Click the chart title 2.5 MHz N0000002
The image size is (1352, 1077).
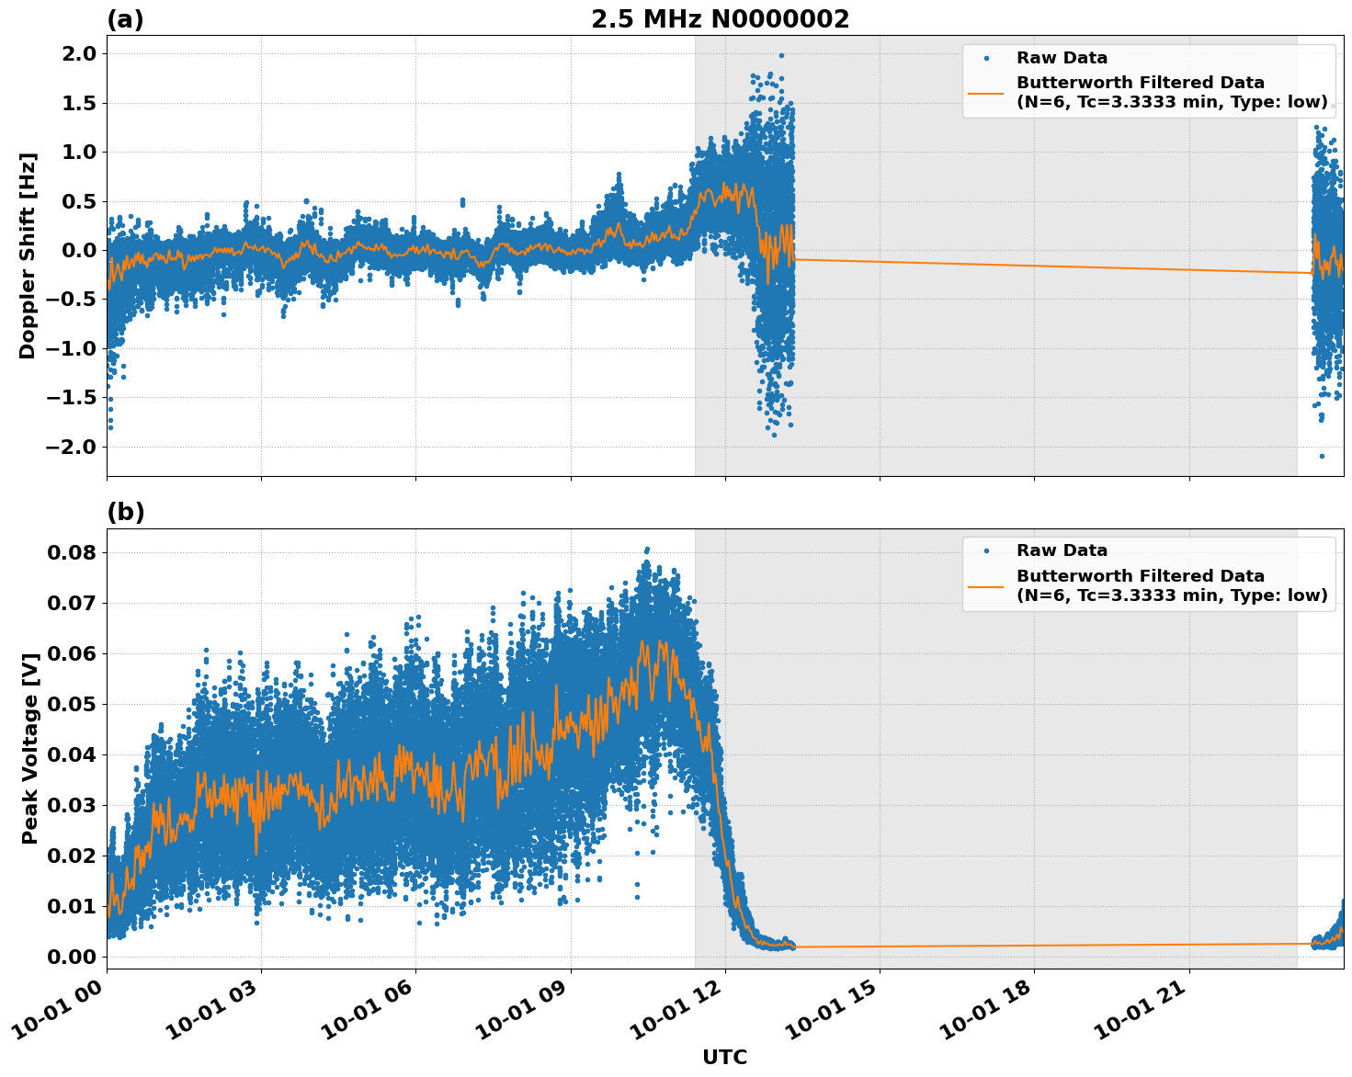(x=720, y=19)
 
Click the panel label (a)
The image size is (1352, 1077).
(x=125, y=19)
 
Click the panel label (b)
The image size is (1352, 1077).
(x=125, y=513)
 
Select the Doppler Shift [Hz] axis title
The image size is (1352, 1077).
(x=28, y=255)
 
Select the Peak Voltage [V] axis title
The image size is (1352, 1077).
(x=30, y=768)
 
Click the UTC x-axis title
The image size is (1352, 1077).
(x=724, y=1057)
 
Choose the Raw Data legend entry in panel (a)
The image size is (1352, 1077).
(x=1062, y=59)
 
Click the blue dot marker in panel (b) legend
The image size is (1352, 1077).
(x=985, y=551)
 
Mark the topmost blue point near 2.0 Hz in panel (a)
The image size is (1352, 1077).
(x=781, y=55)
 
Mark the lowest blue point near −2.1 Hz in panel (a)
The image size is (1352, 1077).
(x=1322, y=456)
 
